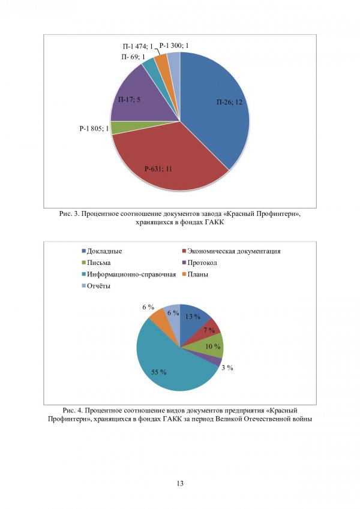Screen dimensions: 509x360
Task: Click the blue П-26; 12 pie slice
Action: (216, 108)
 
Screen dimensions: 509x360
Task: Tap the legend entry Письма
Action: (98, 263)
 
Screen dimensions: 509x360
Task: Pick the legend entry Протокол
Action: (201, 263)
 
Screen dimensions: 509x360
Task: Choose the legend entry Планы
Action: (197, 274)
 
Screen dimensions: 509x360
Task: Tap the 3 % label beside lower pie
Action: (226, 368)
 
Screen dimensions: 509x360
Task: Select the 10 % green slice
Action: (213, 347)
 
